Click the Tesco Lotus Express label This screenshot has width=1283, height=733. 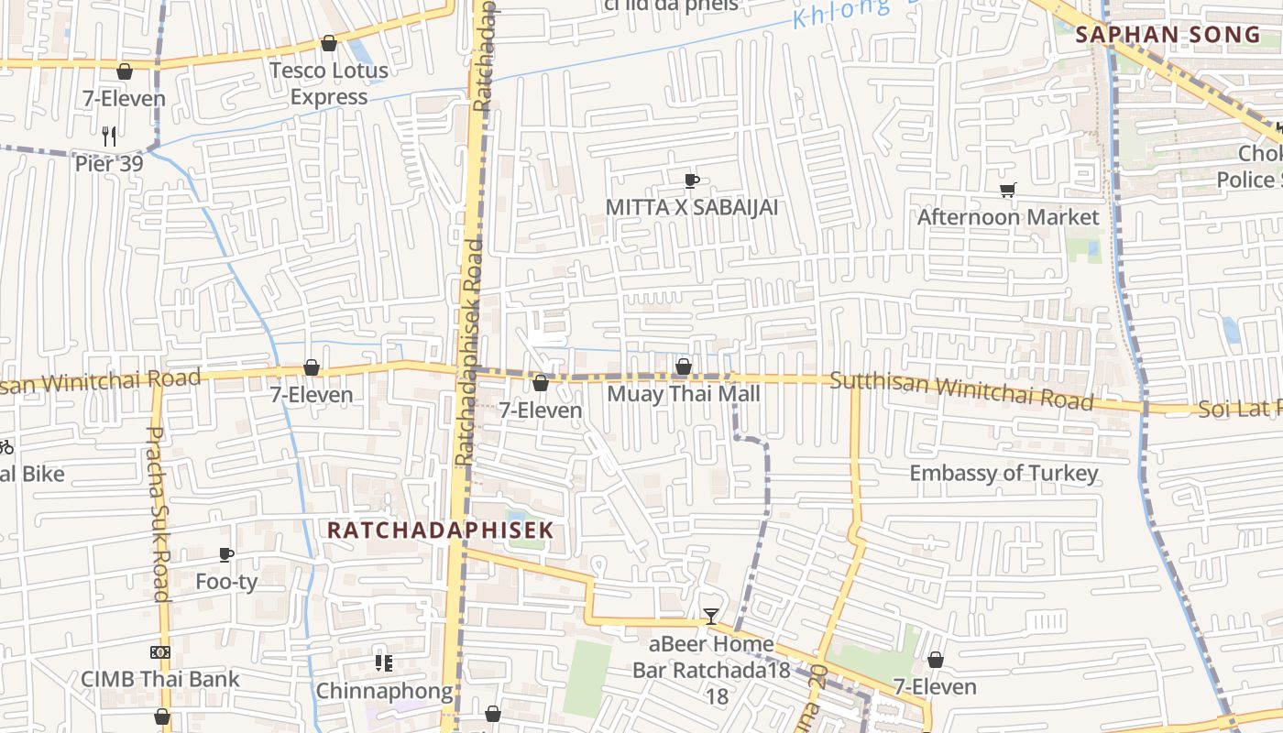click(x=328, y=83)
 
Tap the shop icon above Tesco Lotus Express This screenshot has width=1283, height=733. click(x=329, y=43)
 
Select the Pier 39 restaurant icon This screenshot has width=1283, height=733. click(x=109, y=137)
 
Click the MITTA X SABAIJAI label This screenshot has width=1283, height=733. click(x=691, y=207)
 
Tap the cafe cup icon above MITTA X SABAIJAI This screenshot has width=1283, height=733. click(x=692, y=181)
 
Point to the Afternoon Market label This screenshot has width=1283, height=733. click(x=1007, y=217)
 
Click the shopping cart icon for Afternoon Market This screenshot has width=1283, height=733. click(x=1008, y=191)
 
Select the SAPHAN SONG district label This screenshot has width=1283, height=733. click(x=1168, y=35)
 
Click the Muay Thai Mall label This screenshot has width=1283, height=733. click(x=684, y=394)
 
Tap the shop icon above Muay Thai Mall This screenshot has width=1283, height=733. click(x=684, y=367)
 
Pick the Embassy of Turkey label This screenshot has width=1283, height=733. click(x=1003, y=473)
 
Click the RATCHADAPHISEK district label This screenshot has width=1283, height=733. click(x=441, y=530)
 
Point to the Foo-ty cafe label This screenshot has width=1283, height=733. click(x=226, y=582)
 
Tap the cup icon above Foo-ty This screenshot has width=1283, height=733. click(x=226, y=554)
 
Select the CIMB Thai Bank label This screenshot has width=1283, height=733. click(x=160, y=679)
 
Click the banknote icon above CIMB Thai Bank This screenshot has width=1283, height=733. click(x=160, y=652)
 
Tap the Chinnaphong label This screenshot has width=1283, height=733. click(x=384, y=691)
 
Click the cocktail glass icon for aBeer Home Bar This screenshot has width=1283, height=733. click(x=711, y=616)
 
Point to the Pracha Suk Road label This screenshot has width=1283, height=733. click(x=158, y=513)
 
